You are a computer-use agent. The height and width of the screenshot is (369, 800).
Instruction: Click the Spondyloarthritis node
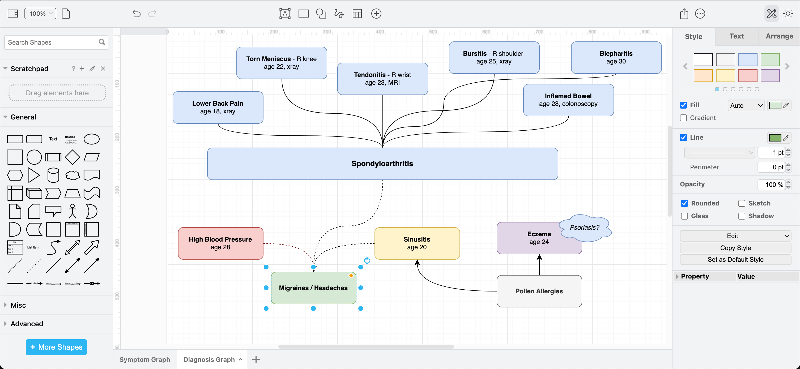(x=382, y=164)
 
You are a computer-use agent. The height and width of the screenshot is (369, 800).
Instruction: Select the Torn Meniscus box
(x=281, y=63)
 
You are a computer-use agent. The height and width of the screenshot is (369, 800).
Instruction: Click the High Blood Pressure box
(x=220, y=243)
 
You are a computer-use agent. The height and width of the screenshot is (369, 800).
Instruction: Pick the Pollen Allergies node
(x=539, y=291)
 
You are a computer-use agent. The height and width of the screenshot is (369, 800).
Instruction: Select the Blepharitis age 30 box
(x=616, y=57)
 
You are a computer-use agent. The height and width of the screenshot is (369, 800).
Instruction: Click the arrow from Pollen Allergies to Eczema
(x=539, y=265)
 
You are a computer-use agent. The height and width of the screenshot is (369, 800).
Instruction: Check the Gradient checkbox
(x=683, y=118)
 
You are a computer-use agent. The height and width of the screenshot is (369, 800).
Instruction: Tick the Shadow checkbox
(x=742, y=216)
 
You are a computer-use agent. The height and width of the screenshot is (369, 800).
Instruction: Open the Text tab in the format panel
(x=736, y=36)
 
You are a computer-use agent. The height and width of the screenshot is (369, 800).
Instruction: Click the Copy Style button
(x=735, y=248)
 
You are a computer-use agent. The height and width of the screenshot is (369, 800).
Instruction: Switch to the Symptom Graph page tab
(x=145, y=359)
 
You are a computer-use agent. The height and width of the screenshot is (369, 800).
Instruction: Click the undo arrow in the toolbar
(x=136, y=14)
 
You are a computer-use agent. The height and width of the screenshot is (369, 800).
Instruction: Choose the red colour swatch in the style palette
(x=747, y=76)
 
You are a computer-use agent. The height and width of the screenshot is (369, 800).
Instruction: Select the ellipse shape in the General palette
(x=92, y=139)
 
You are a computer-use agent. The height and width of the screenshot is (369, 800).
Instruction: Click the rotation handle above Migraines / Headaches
(x=367, y=260)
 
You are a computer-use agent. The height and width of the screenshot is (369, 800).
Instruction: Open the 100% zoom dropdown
(x=40, y=14)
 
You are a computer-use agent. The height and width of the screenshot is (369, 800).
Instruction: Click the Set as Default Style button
(x=735, y=259)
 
